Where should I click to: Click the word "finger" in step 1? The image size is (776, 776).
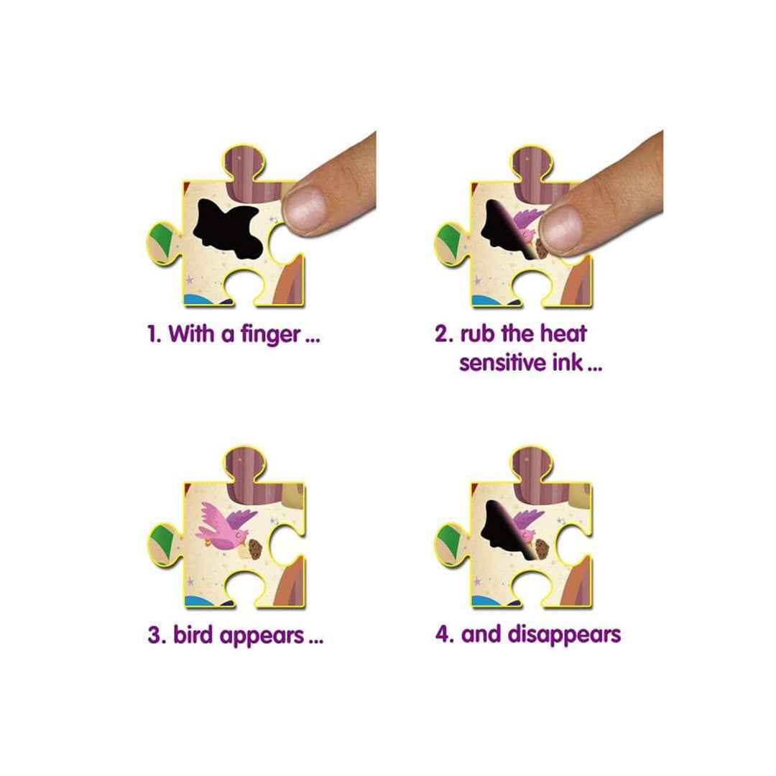[271, 335]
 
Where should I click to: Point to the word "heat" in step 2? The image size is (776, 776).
[563, 333]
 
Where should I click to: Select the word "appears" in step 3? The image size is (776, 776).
[262, 637]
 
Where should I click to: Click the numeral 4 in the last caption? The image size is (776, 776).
[441, 634]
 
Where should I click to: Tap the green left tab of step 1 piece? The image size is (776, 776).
[162, 240]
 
